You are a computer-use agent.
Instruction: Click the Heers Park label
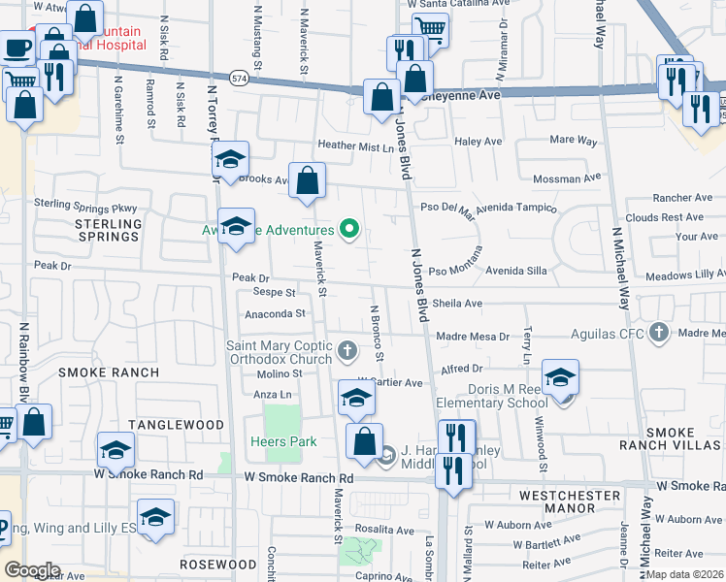289,441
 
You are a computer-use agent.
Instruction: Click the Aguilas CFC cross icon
659,333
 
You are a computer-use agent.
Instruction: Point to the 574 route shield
238,76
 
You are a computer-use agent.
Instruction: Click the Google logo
32,569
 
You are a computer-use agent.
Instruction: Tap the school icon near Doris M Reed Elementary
560,377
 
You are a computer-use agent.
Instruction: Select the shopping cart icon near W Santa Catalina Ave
430,29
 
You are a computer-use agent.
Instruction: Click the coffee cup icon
16,46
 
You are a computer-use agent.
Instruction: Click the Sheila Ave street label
458,303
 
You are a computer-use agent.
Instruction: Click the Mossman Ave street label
569,178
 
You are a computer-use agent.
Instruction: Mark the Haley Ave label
478,141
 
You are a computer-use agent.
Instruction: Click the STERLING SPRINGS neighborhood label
102,230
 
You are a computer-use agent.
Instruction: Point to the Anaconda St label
275,313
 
